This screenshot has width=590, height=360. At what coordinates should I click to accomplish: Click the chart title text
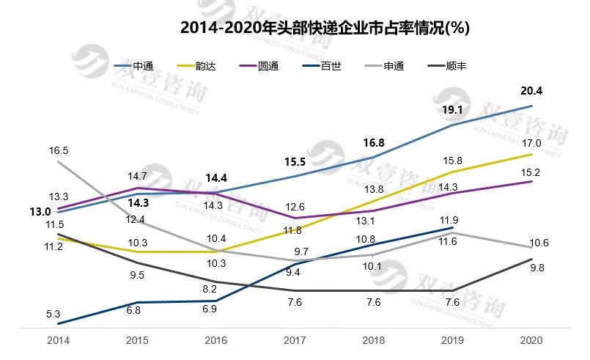coord(325,29)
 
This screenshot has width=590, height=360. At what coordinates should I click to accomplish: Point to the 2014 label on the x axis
coord(58,341)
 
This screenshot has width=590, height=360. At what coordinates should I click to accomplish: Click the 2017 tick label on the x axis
coord(295,341)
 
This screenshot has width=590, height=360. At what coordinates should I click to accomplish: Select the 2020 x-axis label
coord(531,341)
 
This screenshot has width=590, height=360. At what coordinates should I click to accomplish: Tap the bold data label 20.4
coord(531,92)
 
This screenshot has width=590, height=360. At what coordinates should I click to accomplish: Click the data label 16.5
coord(59,150)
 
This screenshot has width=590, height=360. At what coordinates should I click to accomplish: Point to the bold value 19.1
coord(452,111)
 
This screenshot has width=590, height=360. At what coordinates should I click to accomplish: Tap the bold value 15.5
coord(295,161)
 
